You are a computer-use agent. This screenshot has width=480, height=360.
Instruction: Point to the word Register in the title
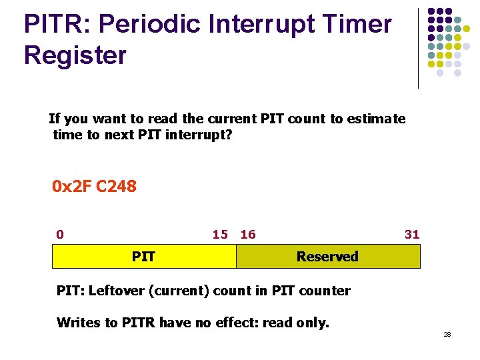point(75,56)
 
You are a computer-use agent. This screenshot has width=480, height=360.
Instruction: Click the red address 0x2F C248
point(94,187)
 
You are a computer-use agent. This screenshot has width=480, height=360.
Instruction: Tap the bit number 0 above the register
point(60,234)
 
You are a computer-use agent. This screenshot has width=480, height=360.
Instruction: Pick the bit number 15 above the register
point(220,234)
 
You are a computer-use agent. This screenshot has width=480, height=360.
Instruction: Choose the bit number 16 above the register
point(248,234)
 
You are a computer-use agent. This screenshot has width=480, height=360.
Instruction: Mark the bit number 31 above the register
point(412,234)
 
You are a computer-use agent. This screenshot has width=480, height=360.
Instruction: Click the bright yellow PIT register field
point(144,256)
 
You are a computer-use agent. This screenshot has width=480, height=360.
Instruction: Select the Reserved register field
point(328,256)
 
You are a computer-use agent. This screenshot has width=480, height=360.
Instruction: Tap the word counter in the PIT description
point(326,291)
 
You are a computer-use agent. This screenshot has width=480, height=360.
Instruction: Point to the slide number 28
point(447,334)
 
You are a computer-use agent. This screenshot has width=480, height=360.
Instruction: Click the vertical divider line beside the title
point(418,48)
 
